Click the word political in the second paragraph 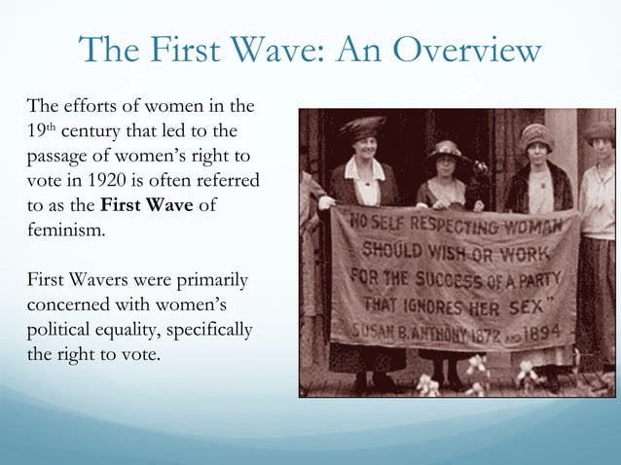pos(59,332)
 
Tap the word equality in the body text pos(141,332)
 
